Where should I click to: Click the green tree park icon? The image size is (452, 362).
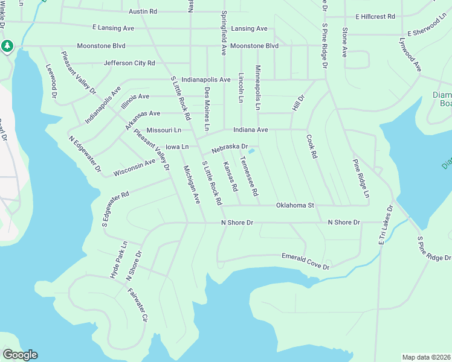[7, 46]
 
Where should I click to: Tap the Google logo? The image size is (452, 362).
[20, 355]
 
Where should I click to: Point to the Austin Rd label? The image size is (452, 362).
[143, 11]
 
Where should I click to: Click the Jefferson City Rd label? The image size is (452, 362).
[129, 63]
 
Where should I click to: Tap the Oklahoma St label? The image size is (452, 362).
[295, 206]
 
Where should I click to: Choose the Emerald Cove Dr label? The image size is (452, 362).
[306, 261]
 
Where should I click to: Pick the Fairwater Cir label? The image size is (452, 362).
[138, 305]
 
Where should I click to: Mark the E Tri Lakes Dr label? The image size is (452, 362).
[385, 225]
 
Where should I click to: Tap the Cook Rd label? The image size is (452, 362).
[312, 147]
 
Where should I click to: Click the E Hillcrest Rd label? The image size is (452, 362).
[375, 17]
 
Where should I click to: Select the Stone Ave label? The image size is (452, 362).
[344, 42]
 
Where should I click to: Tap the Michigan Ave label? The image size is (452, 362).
[192, 184]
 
